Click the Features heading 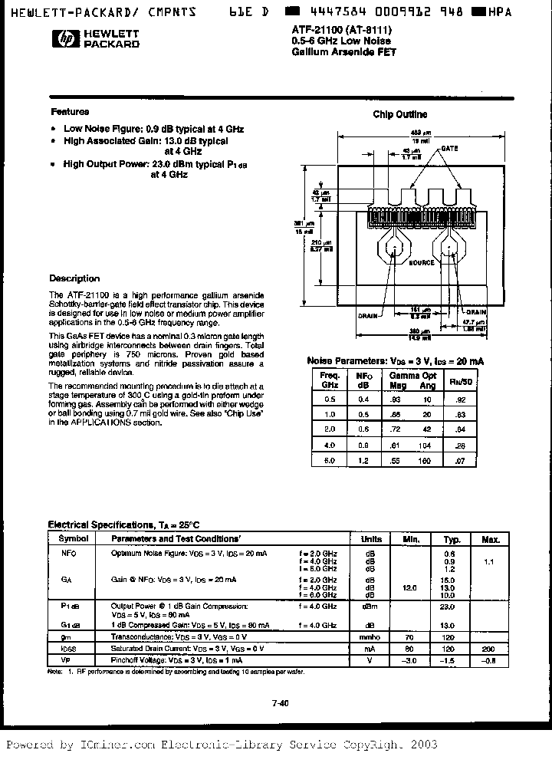point(70,112)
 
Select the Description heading point(74,278)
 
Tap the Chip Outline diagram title point(400,115)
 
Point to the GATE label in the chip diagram point(449,149)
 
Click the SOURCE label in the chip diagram point(421,262)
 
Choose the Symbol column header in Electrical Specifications point(69,539)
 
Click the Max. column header point(490,539)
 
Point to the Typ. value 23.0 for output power point(450,606)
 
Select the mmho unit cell point(371,637)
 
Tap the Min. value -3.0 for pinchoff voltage point(410,659)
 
